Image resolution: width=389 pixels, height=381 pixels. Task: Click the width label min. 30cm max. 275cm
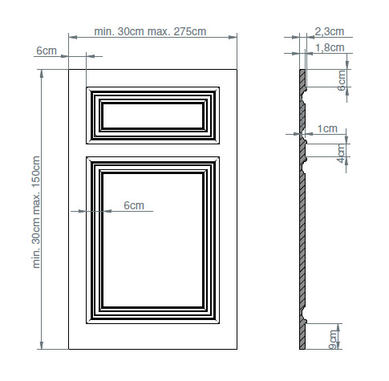150,31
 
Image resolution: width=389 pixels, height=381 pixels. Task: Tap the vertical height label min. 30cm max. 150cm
36,212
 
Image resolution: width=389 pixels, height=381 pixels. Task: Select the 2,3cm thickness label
330,31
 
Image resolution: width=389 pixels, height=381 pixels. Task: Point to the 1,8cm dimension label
330,48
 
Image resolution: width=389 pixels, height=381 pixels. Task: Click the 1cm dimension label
327,129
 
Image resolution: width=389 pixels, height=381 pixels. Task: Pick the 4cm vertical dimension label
342,153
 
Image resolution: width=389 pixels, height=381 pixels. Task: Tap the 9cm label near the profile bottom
333,340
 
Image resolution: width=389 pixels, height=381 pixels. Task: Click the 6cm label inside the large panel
134,205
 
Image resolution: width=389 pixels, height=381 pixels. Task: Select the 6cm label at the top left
47,51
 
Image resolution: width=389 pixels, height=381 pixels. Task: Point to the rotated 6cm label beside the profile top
342,80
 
